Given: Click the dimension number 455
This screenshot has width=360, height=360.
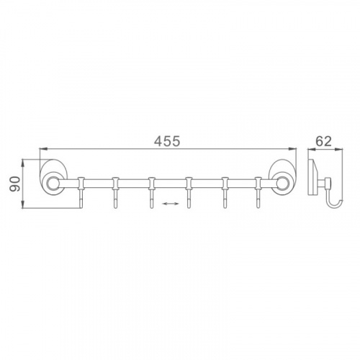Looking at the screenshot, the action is [x=167, y=141].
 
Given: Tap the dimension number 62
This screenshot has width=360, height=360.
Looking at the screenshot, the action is [x=323, y=141].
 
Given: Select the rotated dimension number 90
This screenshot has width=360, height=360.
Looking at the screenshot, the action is [x=14, y=184].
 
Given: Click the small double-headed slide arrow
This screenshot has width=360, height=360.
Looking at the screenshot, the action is [x=171, y=204].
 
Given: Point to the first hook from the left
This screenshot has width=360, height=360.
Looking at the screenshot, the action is [x=81, y=192].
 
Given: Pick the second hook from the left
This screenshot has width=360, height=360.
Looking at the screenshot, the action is [x=116, y=192].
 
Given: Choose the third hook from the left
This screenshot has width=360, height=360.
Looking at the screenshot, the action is [x=151, y=192].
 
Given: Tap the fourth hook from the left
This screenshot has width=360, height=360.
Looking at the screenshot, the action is [x=189, y=192].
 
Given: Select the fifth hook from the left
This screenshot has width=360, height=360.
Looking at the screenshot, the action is [x=225, y=192].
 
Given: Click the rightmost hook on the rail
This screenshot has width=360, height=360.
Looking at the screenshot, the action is [x=258, y=192].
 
